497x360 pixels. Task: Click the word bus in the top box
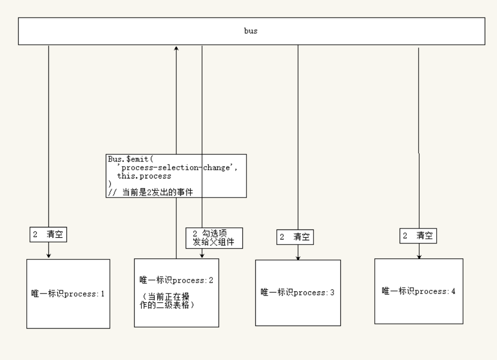[x=251, y=31]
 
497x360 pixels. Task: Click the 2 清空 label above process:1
[x=48, y=235]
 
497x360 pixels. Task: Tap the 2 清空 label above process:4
[x=418, y=236]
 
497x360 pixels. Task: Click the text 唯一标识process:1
[x=68, y=294]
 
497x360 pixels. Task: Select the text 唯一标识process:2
[x=176, y=281]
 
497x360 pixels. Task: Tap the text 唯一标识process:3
[x=298, y=292]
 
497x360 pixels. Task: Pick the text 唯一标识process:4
[x=419, y=291]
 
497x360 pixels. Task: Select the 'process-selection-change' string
[x=177, y=168]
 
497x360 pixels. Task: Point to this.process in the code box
[x=144, y=176]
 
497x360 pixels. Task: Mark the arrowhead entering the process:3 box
[x=298, y=257]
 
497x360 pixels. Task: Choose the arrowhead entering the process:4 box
[x=419, y=256]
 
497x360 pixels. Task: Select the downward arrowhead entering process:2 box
[x=202, y=256]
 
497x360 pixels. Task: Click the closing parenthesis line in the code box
[x=110, y=184]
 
